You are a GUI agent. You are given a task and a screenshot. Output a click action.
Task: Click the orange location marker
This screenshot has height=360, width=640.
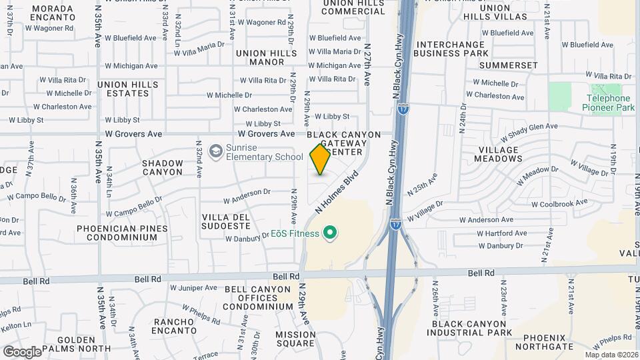[320, 159]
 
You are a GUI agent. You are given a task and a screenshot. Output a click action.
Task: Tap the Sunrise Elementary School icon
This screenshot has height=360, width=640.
[215, 152]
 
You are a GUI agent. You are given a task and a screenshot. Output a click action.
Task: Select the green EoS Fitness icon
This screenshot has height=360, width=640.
[329, 233]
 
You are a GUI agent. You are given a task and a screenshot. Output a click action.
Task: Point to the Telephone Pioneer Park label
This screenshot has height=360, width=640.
[607, 103]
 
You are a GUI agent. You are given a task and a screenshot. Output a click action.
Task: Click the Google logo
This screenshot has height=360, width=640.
[22, 351]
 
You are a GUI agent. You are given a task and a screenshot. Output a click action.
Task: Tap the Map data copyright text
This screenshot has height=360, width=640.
[611, 355]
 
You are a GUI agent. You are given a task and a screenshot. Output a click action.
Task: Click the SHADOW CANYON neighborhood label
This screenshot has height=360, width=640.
[162, 167]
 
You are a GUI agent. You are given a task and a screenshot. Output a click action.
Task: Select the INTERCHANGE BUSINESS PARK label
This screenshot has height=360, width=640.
[461, 49]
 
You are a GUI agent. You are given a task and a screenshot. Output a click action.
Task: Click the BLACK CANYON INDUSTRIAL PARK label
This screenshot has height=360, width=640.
[469, 327]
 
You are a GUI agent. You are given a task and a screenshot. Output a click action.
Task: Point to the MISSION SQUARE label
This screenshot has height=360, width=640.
[295, 339]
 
